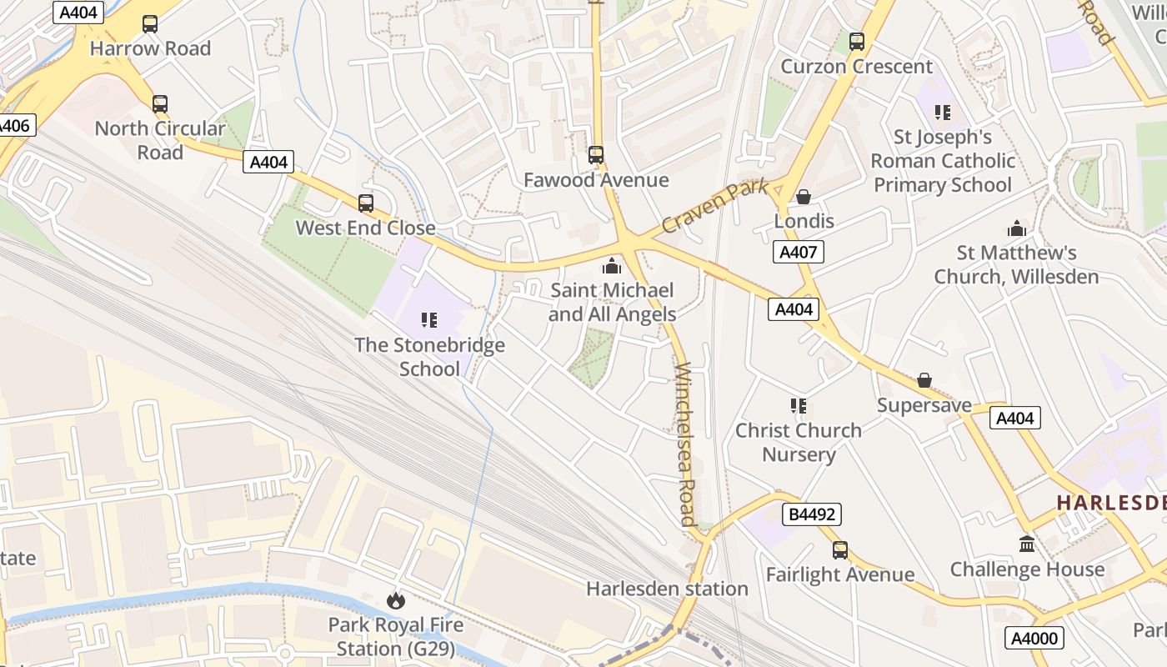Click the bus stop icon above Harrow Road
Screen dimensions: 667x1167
(x=150, y=24)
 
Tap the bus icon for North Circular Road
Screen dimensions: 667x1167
(x=160, y=104)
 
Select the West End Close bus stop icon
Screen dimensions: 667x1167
(x=366, y=203)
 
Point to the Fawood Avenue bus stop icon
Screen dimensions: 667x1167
(x=596, y=155)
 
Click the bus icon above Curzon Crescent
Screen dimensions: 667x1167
(x=857, y=42)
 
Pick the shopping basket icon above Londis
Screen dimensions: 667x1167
(x=804, y=197)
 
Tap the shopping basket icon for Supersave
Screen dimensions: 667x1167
(x=924, y=381)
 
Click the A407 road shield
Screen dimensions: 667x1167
(x=798, y=252)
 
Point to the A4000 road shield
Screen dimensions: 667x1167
(x=1034, y=639)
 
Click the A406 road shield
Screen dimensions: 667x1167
(x=14, y=126)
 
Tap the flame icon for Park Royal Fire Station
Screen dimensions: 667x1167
(x=395, y=600)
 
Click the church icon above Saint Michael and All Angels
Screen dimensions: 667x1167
(x=612, y=266)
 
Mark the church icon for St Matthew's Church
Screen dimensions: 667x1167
(x=1017, y=228)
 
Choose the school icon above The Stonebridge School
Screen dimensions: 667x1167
(x=429, y=320)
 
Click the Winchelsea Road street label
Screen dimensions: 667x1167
(x=685, y=444)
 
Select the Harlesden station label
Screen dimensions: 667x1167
(x=667, y=589)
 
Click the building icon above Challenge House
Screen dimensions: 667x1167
(x=1027, y=544)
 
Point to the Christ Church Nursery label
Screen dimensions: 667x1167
(x=799, y=443)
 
